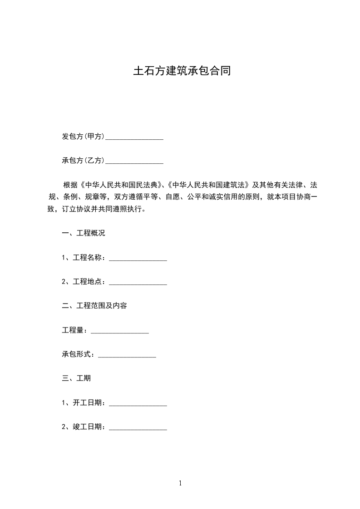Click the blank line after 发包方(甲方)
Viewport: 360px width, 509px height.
point(134,137)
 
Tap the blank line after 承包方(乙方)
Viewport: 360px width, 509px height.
point(134,162)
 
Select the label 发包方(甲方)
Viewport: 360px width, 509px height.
point(84,136)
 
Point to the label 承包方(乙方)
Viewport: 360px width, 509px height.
point(84,160)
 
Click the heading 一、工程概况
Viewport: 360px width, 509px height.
point(84,233)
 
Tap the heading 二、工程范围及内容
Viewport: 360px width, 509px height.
point(94,306)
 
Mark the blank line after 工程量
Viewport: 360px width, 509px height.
point(120,332)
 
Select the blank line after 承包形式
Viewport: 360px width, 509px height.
point(127,356)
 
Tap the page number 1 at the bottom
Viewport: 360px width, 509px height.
point(180,483)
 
